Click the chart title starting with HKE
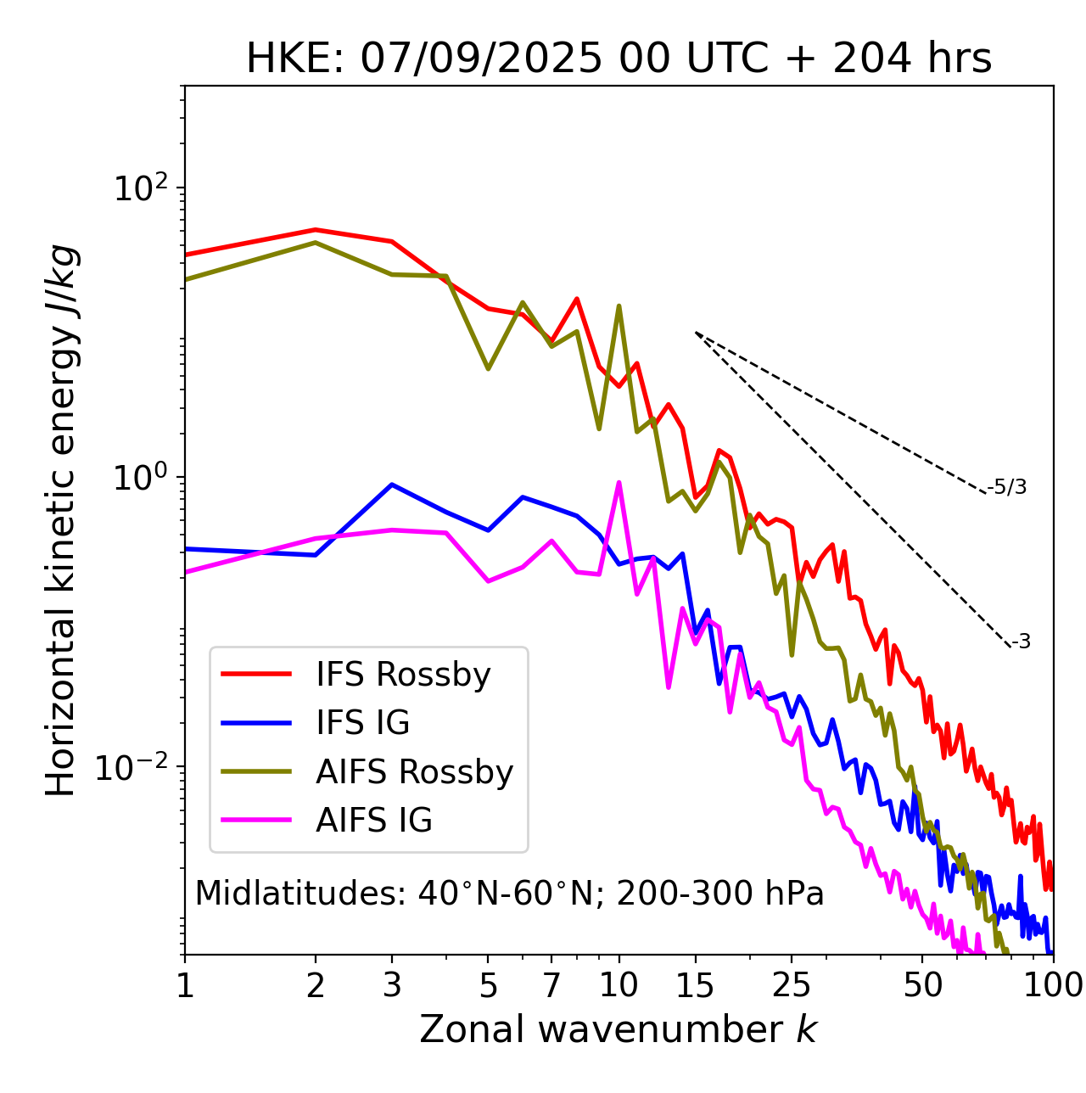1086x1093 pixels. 619,59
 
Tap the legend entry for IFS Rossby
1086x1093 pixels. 403,675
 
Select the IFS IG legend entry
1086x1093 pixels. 362,723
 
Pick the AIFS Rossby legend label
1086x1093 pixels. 414,772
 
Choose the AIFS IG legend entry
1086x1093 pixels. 374,821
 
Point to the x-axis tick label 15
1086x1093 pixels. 696,985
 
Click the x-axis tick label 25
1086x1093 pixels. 792,985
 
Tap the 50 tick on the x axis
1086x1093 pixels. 922,985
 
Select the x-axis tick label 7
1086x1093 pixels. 551,985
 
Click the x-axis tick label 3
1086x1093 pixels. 392,985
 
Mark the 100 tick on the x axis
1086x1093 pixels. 1052,985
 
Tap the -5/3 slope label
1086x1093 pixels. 1007,487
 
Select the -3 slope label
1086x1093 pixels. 1021,642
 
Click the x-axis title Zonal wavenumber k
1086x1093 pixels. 619,1029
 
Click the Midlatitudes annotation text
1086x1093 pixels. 509,894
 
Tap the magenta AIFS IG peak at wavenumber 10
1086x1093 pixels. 619,483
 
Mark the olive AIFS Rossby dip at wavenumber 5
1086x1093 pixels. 488,369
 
